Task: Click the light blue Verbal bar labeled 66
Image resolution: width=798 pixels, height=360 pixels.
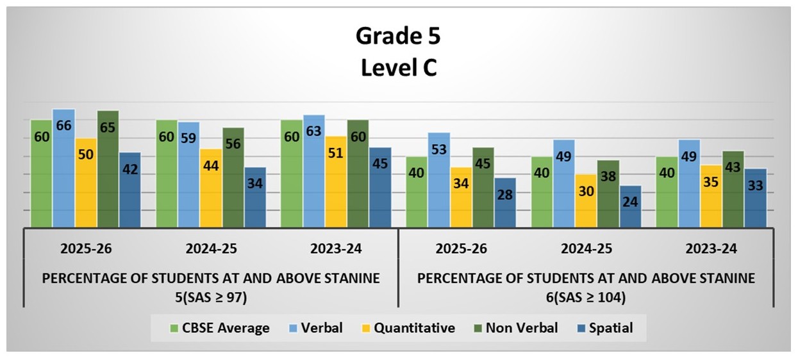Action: pyautogui.click(x=63, y=168)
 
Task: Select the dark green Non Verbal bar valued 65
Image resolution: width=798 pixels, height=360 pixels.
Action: pyautogui.click(x=108, y=169)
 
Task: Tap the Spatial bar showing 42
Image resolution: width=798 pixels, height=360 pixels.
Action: pyautogui.click(x=129, y=190)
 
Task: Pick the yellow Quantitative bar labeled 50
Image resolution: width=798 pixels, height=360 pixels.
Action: pyautogui.click(x=86, y=183)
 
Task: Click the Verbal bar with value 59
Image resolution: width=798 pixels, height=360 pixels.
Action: pyautogui.click(x=188, y=174)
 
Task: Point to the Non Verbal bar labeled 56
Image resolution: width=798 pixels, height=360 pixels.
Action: pyautogui.click(x=233, y=177)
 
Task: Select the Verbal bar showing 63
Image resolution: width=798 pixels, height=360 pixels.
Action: pyautogui.click(x=314, y=171)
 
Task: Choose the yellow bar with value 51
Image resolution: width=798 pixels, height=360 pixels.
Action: pyautogui.click(x=337, y=181)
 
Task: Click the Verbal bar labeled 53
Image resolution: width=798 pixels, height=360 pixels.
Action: pyautogui.click(x=439, y=180)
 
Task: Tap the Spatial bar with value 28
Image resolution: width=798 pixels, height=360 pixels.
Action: pyautogui.click(x=505, y=202)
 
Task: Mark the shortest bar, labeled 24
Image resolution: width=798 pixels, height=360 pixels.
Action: pyautogui.click(x=630, y=206)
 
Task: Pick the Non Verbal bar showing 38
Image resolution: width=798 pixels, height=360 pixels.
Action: pyautogui.click(x=608, y=193)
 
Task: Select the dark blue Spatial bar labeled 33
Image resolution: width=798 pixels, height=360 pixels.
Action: pyautogui.click(x=756, y=198)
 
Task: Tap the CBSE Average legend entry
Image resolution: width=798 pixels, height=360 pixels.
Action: pyautogui.click(x=220, y=329)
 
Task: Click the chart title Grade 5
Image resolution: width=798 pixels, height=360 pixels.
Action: pyautogui.click(x=398, y=37)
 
